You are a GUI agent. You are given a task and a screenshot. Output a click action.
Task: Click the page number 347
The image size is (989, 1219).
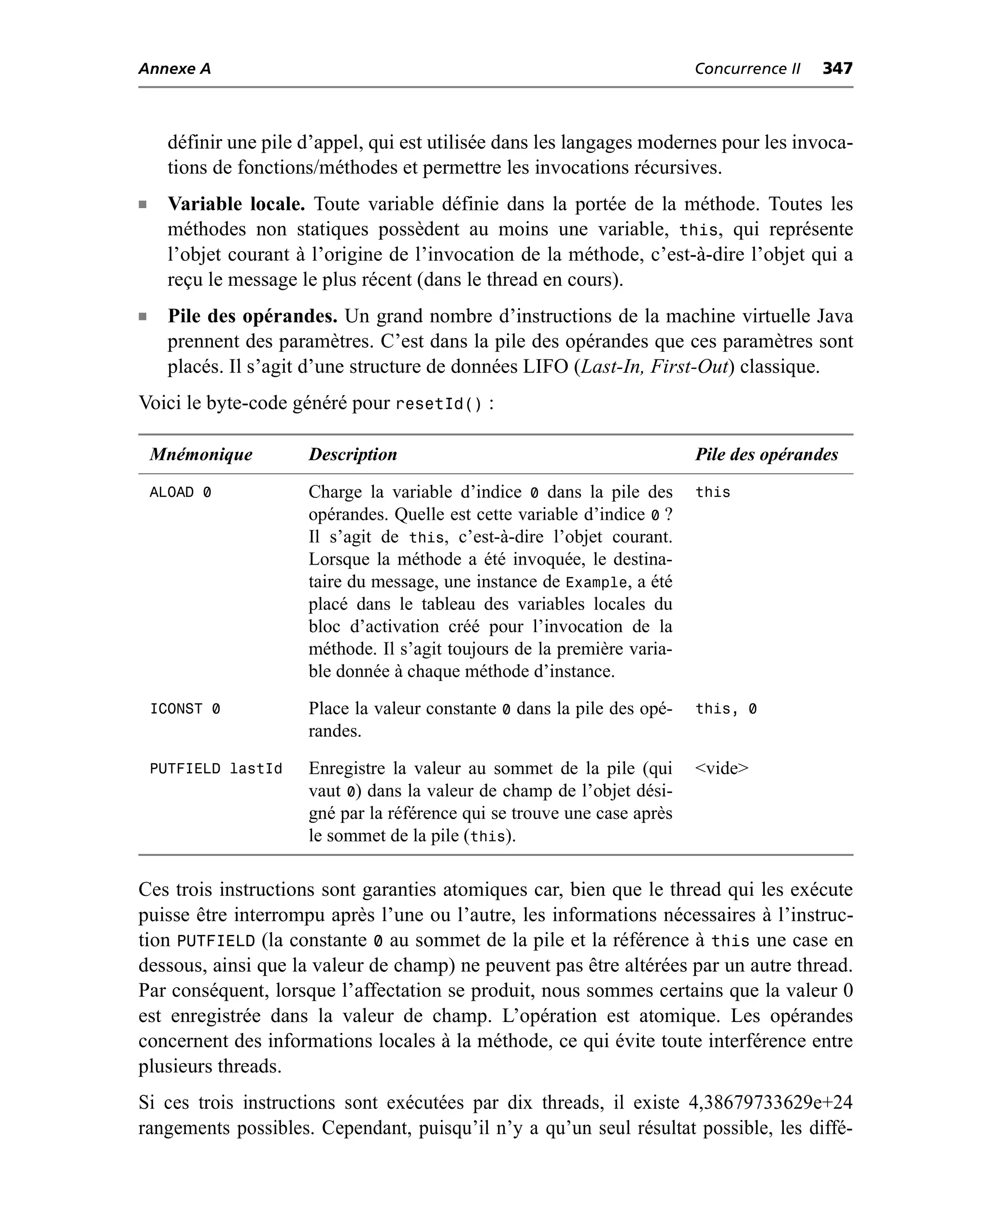point(837,69)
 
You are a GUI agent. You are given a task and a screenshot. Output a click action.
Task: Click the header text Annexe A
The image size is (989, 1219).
point(174,69)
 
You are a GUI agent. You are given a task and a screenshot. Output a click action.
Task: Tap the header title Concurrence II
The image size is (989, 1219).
point(747,69)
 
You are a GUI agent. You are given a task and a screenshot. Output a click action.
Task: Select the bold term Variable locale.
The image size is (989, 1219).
point(236,204)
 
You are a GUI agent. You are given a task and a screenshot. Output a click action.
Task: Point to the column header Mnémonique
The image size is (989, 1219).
point(200,454)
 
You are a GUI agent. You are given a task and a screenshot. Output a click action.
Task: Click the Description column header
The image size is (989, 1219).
point(353,454)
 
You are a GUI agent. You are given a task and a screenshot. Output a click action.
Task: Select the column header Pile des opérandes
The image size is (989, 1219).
point(766,454)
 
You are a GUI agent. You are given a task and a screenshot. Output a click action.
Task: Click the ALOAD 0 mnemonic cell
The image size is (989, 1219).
point(180,492)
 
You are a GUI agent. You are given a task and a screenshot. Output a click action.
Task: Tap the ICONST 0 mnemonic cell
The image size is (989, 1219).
point(184,709)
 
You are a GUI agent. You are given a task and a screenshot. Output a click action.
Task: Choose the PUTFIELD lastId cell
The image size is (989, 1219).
point(216,769)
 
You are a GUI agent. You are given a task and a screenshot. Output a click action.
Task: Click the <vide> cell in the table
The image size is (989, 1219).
point(722,768)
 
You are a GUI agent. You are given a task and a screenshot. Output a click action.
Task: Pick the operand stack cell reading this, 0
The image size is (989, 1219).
point(726,709)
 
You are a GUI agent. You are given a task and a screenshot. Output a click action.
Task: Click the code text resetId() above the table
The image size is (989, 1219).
point(438,404)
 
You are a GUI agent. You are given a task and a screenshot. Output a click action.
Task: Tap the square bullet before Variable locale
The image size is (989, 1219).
point(142,204)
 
